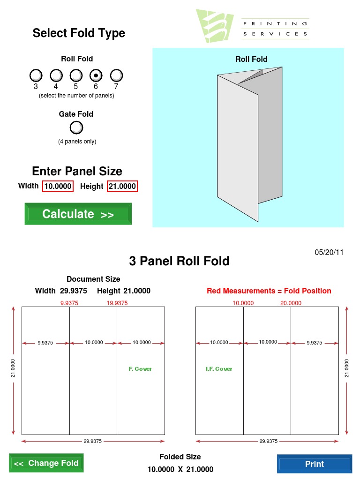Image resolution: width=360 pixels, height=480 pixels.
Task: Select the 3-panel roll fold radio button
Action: (36, 75)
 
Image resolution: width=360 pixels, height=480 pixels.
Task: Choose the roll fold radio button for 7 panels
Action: (116, 75)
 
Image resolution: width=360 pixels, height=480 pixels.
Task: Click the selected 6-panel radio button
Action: (96, 75)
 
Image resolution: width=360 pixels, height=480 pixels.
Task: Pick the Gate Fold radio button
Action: (76, 127)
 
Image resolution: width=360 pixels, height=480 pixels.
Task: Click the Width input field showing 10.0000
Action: (58, 187)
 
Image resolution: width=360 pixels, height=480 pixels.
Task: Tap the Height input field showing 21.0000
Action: (122, 187)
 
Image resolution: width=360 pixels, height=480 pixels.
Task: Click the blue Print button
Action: (314, 464)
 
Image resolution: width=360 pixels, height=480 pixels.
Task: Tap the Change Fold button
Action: (46, 464)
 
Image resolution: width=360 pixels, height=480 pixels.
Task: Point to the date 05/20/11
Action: (329, 252)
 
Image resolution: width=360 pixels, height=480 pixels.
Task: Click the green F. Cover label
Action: (140, 369)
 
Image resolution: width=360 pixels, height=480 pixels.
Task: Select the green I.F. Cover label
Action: (219, 369)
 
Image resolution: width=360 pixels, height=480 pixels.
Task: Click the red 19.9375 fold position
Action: (117, 303)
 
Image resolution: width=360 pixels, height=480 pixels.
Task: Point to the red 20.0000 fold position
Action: (291, 303)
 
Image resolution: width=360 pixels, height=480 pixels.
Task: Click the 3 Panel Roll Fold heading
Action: (179, 261)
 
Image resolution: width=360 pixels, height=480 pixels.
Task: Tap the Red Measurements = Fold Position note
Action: (269, 291)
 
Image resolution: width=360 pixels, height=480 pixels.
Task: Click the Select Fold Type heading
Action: (79, 33)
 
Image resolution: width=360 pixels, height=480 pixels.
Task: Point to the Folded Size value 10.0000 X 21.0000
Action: (180, 469)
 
